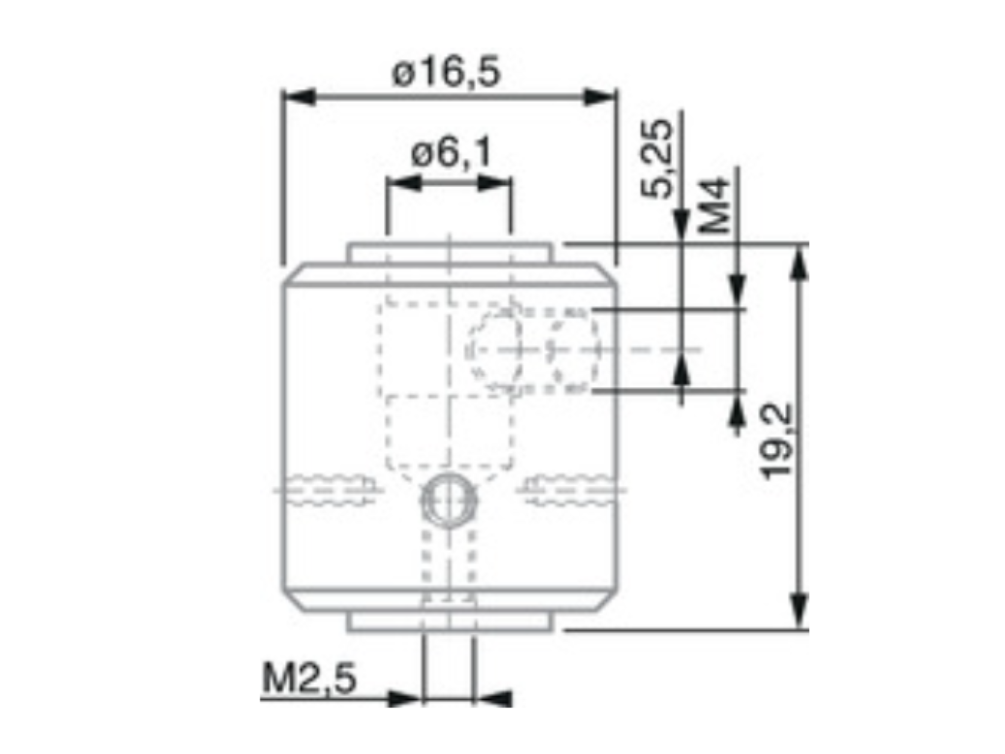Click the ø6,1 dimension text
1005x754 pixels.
[x=451, y=153]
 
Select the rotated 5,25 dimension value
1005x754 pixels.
[x=656, y=159]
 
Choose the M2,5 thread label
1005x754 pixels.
[x=309, y=679]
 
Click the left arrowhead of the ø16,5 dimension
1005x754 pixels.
[x=300, y=97]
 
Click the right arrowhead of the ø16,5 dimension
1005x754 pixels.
[x=599, y=97]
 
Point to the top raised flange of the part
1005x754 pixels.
[x=450, y=253]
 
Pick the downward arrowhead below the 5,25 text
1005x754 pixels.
[x=681, y=225]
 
